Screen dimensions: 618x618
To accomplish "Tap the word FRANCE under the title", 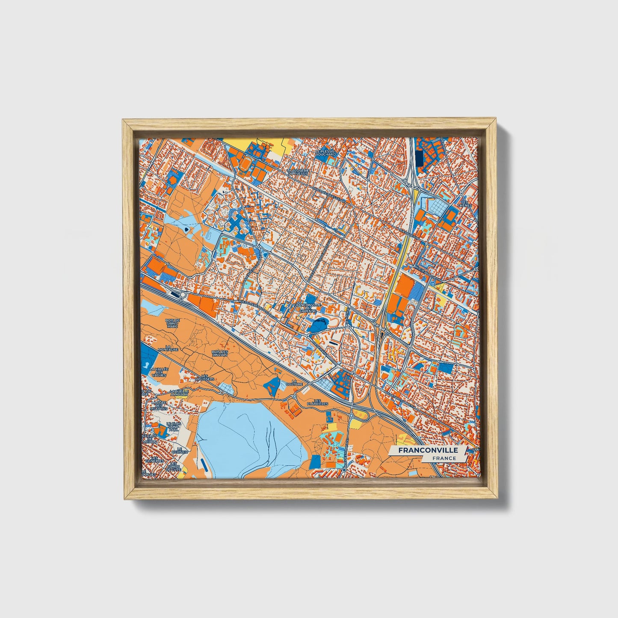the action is [444, 458].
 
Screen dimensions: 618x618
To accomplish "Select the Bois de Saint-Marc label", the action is [173, 323].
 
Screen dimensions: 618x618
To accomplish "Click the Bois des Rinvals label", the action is [220, 353].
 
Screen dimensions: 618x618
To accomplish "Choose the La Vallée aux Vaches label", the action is [159, 372].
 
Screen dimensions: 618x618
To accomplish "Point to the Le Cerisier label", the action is [177, 450].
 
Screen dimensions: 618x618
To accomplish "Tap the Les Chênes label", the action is [464, 204].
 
